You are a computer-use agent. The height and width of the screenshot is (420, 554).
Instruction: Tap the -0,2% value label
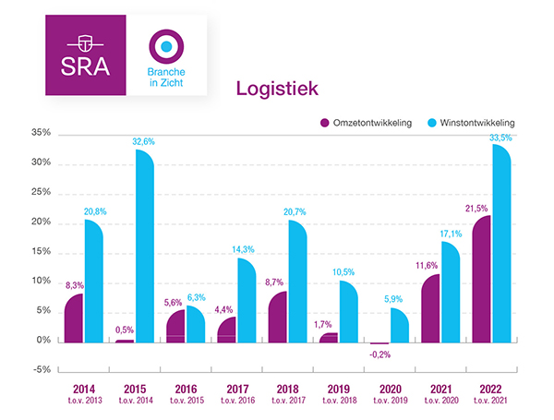(379, 354)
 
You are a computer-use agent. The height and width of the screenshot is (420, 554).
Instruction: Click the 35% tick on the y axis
(39, 134)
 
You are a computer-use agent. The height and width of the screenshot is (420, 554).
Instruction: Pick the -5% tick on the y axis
(39, 370)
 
